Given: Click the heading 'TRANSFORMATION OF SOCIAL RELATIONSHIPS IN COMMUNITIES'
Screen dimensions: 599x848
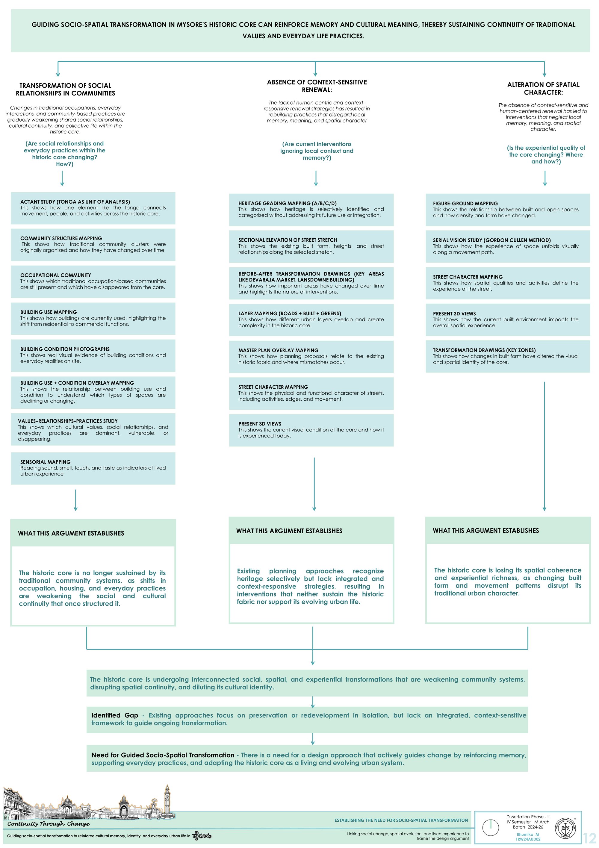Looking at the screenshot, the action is coord(65,89).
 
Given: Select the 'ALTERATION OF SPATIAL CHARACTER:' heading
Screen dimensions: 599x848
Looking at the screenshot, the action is coord(543,88).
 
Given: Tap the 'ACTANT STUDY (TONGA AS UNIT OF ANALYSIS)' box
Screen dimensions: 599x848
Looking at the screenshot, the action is coord(93,208).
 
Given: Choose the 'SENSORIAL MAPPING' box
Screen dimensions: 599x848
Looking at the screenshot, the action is coord(93,468).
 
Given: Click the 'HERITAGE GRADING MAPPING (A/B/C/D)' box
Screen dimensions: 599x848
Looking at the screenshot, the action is coord(311,209).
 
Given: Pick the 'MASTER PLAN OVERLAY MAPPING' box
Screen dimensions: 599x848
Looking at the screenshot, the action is coord(311,356).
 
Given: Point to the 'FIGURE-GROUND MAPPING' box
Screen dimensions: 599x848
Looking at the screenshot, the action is coord(508,209).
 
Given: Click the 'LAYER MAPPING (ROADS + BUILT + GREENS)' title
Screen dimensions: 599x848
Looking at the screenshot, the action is coord(290,313).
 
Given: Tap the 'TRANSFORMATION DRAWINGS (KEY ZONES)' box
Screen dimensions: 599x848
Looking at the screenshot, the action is coord(508,356).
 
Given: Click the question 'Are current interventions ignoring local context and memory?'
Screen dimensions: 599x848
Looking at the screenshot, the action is coord(317,151).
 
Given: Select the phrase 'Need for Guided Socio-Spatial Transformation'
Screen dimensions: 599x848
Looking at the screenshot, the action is coord(163,755).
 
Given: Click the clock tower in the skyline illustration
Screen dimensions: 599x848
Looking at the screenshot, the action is coord(168,799).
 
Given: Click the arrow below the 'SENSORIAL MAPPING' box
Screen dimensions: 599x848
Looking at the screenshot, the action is coord(75,500).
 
